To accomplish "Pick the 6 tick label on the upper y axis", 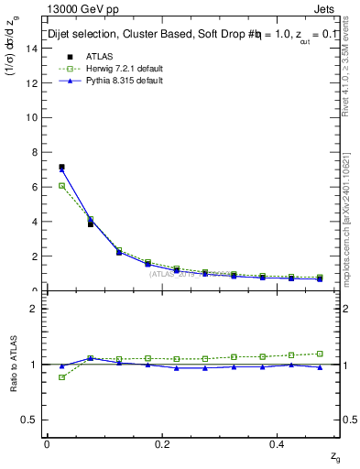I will coord(33,187).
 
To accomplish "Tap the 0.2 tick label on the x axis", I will coord(162,443).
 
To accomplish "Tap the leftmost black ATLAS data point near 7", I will coord(61,168).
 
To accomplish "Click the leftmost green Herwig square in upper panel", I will coord(61,186).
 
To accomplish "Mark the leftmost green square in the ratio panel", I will coord(61,377).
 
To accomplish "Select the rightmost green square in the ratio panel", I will coord(320,354).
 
